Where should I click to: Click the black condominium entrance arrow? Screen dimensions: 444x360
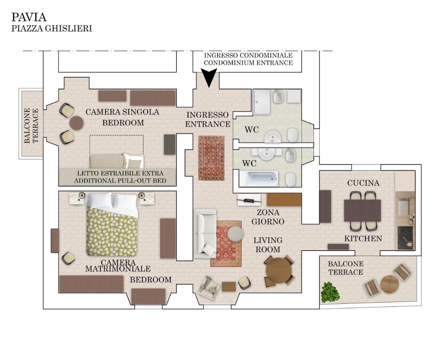pos(209,77)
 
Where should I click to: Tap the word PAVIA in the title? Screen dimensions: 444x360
pos(29,17)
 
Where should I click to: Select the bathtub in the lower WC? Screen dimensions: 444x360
pos(259,179)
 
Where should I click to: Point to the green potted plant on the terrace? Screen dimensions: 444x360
pos(330,292)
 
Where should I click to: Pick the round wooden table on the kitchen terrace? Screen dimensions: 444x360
pos(389,284)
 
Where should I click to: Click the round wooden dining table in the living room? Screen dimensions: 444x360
pos(279,270)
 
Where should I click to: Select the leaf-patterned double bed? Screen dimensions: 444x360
pos(112,224)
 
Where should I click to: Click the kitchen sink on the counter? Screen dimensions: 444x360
pos(404,206)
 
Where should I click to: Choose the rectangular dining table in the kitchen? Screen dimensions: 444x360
pos(362,211)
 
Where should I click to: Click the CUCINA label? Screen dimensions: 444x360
pos(363,183)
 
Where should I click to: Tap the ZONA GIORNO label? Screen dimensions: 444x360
pos(268,217)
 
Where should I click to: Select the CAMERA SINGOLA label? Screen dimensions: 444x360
pos(122,112)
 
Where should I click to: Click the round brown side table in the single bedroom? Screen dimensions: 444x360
pos(77,123)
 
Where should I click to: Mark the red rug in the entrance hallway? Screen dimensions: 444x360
pos(211,158)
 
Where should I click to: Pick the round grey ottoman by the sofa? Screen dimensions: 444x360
pos(235,234)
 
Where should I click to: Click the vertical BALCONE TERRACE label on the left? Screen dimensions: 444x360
pos(31,125)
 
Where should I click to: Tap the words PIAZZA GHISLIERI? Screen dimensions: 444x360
pos(52,28)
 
